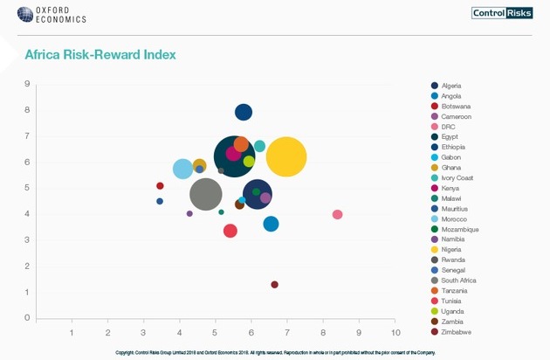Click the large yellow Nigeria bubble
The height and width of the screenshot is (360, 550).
pyautogui.click(x=286, y=158)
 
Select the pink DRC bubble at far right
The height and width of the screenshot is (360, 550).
pyautogui.click(x=338, y=215)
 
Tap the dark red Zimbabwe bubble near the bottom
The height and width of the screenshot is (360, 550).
pyautogui.click(x=274, y=285)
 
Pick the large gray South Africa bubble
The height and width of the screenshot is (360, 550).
pyautogui.click(x=206, y=194)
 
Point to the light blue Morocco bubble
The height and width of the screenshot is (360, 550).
pyautogui.click(x=182, y=169)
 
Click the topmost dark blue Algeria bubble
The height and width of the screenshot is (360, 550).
pyautogui.click(x=244, y=112)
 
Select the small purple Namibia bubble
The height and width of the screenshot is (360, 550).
pyautogui.click(x=189, y=213)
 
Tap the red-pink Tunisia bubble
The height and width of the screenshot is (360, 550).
pyautogui.click(x=230, y=231)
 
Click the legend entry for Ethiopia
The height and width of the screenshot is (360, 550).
pyautogui.click(x=451, y=147)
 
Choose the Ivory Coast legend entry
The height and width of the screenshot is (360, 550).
pyautogui.click(x=455, y=178)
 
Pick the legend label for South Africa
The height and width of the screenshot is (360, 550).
pyautogui.click(x=458, y=280)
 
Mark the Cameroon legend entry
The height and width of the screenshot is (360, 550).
pyautogui.click(x=456, y=116)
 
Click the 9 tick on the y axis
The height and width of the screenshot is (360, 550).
pyautogui.click(x=28, y=85)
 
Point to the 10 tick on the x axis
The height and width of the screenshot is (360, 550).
pyautogui.click(x=395, y=333)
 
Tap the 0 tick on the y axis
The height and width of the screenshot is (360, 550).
pyautogui.click(x=28, y=318)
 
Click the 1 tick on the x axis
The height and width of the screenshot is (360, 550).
pyautogui.click(x=72, y=333)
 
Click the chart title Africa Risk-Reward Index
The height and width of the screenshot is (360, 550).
pyautogui.click(x=100, y=54)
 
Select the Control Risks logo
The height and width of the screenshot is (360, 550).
pyautogui.click(x=502, y=12)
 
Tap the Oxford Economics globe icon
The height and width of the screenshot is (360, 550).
pyautogui.click(x=18, y=15)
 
